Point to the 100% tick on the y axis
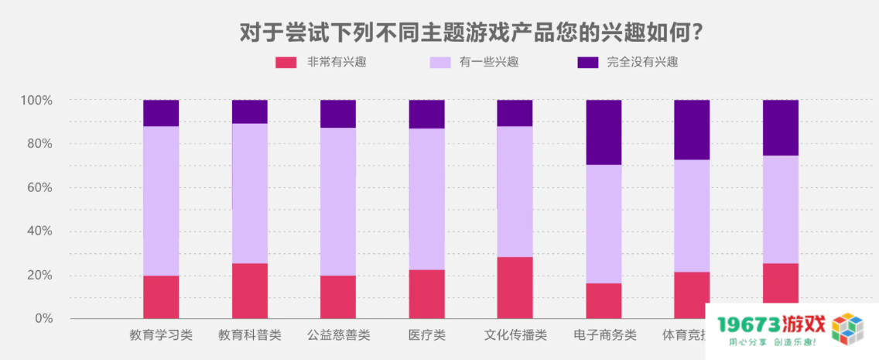(36, 101)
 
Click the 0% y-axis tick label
(43, 319)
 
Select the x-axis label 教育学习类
(161, 336)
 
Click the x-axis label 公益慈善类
(338, 336)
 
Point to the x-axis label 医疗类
(427, 336)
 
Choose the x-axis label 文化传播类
(515, 336)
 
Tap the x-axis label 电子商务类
(604, 336)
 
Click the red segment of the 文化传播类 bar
(515, 287)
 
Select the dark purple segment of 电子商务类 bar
(604, 132)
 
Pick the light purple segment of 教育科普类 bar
(250, 194)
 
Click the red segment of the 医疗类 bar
(427, 294)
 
